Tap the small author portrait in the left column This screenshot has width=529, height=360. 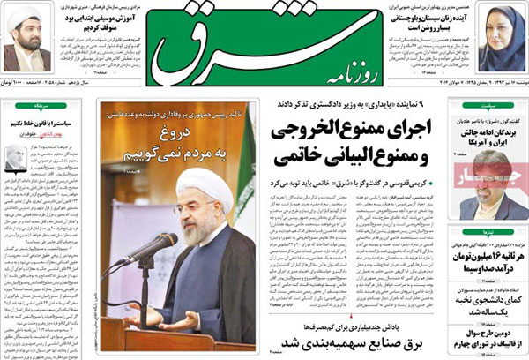[x=15, y=160]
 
